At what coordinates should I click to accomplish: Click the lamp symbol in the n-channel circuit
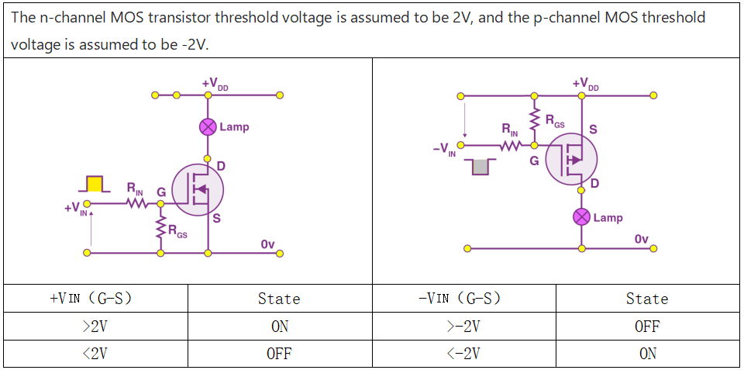pyautogui.click(x=208, y=126)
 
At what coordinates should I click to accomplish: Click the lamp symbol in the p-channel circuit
pyautogui.click(x=582, y=217)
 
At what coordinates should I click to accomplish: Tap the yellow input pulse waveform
pyautogui.click(x=95, y=184)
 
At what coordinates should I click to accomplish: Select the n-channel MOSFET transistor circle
pyautogui.click(x=197, y=190)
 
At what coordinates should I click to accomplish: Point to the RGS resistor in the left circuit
pyautogui.click(x=161, y=229)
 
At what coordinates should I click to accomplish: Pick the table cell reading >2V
pyautogui.click(x=95, y=327)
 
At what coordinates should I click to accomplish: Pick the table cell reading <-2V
pyautogui.click(x=464, y=354)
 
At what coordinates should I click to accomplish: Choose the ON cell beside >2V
pyautogui.click(x=280, y=327)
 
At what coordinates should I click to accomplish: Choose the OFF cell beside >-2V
pyautogui.click(x=647, y=327)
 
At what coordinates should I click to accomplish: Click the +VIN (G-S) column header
pyautogui.click(x=95, y=299)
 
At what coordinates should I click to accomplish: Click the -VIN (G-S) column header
pyautogui.click(x=464, y=299)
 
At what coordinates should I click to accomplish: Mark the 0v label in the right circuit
pyautogui.click(x=641, y=238)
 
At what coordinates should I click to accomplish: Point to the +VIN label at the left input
pyautogui.click(x=76, y=209)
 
